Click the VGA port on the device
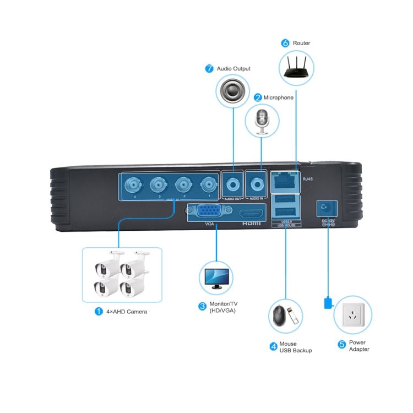coord(210,213)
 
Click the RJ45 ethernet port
coord(285,179)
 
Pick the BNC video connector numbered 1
coord(208,184)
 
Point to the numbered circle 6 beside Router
coord(285,42)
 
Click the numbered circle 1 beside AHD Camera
coord(99,312)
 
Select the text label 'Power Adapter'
coord(358,346)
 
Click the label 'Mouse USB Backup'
coord(295,347)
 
